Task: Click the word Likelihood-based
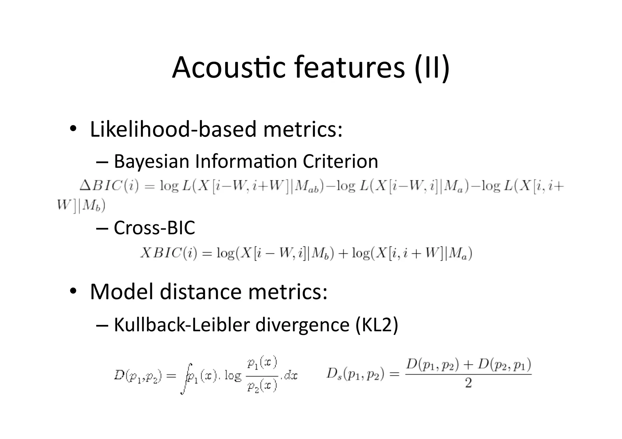click(x=173, y=129)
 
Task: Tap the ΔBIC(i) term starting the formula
click(x=109, y=186)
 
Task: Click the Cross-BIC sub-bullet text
click(x=154, y=228)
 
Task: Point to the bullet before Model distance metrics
click(x=73, y=291)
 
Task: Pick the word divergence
click(x=302, y=325)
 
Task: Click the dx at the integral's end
click(x=291, y=376)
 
